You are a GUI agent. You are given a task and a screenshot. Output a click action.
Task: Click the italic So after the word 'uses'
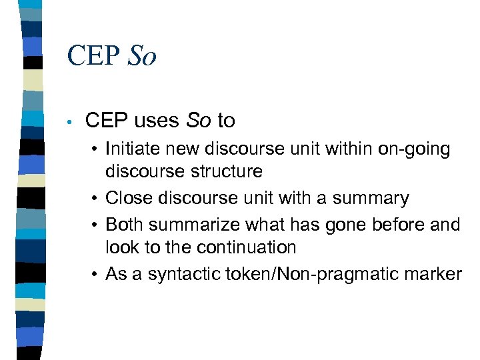198,121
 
